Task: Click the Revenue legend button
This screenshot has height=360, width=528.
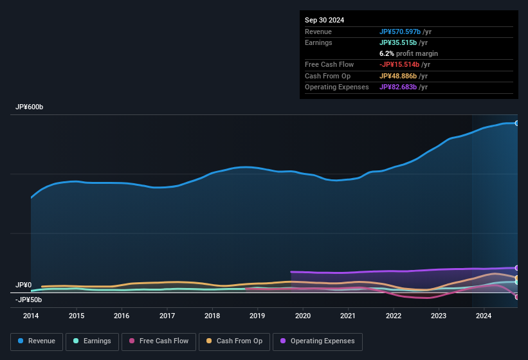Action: click(x=36, y=341)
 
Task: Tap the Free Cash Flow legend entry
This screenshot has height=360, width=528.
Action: click(x=159, y=341)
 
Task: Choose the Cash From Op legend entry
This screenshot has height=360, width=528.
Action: click(x=234, y=341)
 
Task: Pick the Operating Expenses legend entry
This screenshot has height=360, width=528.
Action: click(x=317, y=341)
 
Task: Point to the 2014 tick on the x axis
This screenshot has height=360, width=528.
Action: click(x=31, y=316)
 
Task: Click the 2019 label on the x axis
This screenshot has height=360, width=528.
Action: click(x=257, y=316)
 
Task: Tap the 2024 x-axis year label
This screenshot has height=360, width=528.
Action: click(x=484, y=316)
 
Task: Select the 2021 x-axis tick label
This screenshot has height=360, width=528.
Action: click(x=348, y=316)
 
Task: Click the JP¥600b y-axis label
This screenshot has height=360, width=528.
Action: click(x=30, y=107)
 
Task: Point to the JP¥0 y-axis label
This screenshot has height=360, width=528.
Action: click(x=24, y=285)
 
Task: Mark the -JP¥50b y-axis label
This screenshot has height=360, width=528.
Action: click(x=29, y=300)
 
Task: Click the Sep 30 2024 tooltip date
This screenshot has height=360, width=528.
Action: click(x=324, y=20)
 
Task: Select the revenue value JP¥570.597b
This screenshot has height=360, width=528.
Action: click(x=401, y=32)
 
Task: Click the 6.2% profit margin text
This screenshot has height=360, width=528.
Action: click(x=408, y=53)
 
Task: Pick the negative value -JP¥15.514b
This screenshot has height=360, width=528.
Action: click(x=401, y=64)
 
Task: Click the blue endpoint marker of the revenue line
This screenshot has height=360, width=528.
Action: click(x=517, y=123)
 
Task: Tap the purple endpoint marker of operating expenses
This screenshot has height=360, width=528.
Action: click(x=517, y=268)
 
